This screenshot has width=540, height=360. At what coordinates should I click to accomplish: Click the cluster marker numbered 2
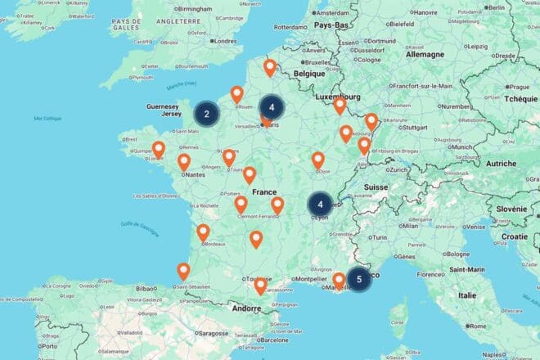click(x=207, y=114)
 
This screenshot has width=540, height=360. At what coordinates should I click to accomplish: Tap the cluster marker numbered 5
click(x=358, y=278)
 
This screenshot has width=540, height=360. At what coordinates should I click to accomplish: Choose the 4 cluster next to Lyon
click(x=321, y=204)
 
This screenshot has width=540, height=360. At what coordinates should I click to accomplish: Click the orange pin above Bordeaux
click(x=203, y=232)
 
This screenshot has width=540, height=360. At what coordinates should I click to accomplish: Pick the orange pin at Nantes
click(x=184, y=162)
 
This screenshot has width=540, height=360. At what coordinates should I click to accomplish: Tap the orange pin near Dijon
click(x=317, y=160)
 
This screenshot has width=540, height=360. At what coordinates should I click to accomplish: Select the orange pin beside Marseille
click(x=339, y=281)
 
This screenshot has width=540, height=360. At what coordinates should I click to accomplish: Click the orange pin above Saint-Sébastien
click(x=183, y=271)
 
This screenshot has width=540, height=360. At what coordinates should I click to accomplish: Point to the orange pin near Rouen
click(x=236, y=94)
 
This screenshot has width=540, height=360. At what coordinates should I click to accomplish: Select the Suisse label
click(x=376, y=187)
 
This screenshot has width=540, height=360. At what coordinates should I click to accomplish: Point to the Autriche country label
click(x=502, y=163)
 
